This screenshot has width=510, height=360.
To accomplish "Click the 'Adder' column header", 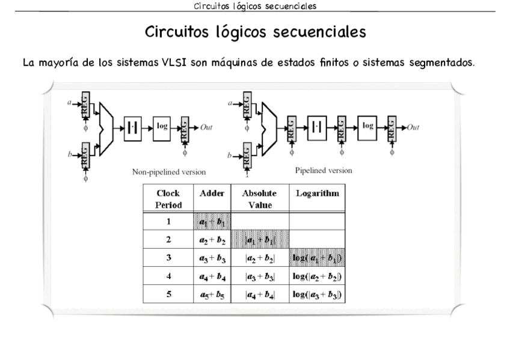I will click(x=212, y=194).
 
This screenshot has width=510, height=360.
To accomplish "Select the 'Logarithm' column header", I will click(x=317, y=194).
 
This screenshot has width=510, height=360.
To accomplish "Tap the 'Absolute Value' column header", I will click(x=259, y=199).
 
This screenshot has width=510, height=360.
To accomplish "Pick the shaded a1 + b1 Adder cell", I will click(x=211, y=221).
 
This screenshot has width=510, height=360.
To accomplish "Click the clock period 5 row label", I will click(x=168, y=294).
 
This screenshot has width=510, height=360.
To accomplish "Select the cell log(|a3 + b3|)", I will click(x=317, y=294).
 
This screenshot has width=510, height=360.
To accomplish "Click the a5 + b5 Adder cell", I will click(x=211, y=294).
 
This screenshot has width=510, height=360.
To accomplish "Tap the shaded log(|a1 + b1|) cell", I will click(x=317, y=257).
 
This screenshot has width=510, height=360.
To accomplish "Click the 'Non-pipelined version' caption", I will click(x=169, y=172).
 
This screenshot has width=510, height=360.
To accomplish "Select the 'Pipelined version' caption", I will click(x=324, y=171).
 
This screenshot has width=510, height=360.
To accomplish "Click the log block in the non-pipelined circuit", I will click(x=162, y=127).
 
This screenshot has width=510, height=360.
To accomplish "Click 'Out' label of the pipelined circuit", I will click(x=413, y=127).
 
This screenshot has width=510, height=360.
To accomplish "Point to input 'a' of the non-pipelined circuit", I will click(x=70, y=103).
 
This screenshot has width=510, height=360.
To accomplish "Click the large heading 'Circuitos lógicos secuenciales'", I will click(x=255, y=31).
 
